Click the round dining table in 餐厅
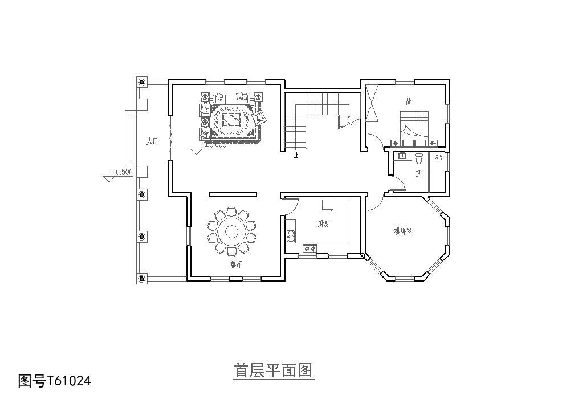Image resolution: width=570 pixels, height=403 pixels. [x=232, y=231]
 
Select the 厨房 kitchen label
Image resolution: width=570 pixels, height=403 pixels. [x=323, y=224]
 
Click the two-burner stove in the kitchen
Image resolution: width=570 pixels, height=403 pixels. [x=310, y=249]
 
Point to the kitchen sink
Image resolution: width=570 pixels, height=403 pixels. [x=291, y=235]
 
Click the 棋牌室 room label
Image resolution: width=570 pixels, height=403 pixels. [x=403, y=231]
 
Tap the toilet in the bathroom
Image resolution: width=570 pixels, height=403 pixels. [x=419, y=156]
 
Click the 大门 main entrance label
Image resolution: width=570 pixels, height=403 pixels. [x=151, y=141]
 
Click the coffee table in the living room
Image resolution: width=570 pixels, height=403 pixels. [x=230, y=120]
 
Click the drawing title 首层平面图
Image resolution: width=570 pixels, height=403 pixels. [x=274, y=371]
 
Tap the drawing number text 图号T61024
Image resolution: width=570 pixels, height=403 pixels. [x=55, y=380]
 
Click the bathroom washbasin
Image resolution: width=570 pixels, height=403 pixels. [x=402, y=155]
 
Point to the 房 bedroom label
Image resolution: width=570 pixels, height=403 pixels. [x=408, y=101]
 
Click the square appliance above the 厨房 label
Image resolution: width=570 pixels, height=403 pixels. [x=328, y=205]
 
